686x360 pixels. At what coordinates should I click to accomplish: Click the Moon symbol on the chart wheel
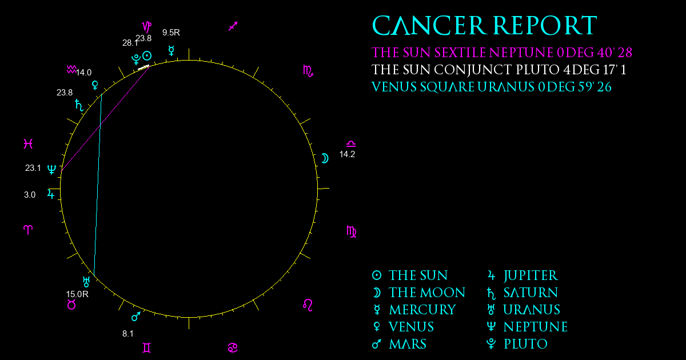click(325, 158)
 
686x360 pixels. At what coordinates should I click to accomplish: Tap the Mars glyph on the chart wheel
click(136, 317)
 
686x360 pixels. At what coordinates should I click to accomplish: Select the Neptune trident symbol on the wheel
click(52, 169)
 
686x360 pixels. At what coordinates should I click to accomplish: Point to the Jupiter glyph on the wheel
click(51, 194)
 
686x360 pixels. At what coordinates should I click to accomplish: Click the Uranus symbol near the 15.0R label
click(86, 282)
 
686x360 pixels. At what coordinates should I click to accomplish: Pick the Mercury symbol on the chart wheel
click(171, 51)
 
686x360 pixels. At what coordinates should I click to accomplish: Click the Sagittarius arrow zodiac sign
click(233, 26)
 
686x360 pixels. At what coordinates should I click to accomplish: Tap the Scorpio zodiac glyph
click(308, 71)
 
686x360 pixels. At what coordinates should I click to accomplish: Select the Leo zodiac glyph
click(308, 305)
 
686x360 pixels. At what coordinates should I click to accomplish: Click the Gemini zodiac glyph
click(147, 348)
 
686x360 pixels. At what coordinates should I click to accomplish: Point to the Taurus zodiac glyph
click(71, 305)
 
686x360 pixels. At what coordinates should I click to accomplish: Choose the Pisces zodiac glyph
click(28, 143)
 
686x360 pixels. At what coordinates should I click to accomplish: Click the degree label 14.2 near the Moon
click(347, 154)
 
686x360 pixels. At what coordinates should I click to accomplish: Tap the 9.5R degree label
click(171, 33)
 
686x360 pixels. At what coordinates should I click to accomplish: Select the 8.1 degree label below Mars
click(127, 334)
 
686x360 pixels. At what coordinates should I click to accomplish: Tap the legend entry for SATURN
click(522, 293)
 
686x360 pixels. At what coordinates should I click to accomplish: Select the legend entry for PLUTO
click(517, 344)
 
